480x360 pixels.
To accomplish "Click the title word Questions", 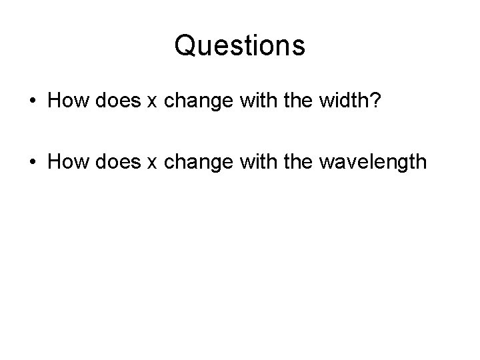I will coord(239,46).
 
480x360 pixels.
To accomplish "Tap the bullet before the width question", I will coord(33,102).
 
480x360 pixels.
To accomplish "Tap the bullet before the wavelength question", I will coord(33,162).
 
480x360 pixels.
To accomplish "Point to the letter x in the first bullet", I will coord(151,103).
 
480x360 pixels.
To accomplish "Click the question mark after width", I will coord(377,101).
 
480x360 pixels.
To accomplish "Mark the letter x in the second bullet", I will coord(151,163).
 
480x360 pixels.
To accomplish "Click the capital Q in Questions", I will coord(184,46).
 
